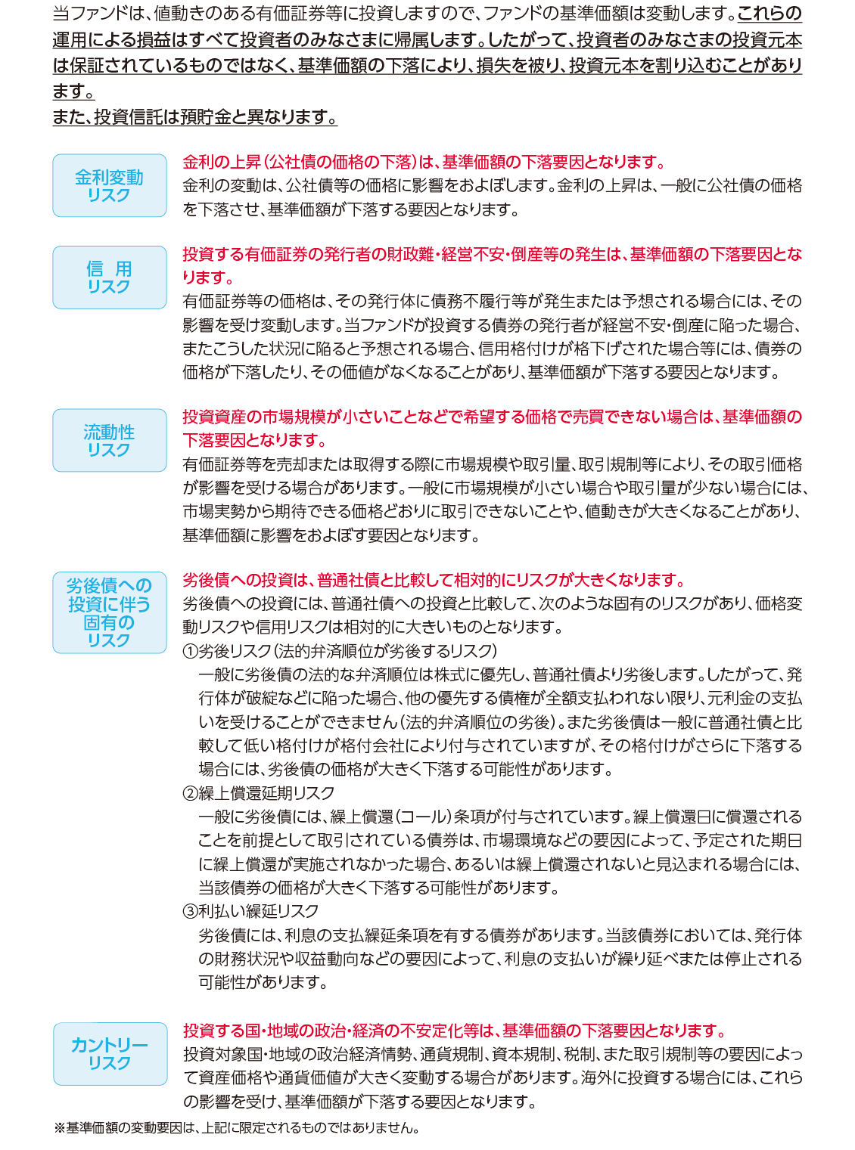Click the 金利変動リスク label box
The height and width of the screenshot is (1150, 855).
[x=110, y=186]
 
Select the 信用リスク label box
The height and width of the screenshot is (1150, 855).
[x=110, y=277]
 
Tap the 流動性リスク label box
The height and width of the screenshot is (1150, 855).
[x=110, y=441]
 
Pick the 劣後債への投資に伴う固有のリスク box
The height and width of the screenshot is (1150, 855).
[x=110, y=612]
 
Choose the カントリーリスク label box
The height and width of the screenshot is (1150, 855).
[x=110, y=1053]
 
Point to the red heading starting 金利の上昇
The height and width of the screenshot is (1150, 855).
[x=424, y=163]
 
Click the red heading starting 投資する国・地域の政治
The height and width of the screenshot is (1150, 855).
[x=454, y=1031]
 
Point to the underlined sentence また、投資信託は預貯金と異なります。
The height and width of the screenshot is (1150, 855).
[x=194, y=117]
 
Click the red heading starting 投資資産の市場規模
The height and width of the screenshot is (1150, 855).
[x=492, y=417]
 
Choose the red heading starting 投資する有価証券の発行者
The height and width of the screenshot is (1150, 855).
[x=492, y=255]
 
